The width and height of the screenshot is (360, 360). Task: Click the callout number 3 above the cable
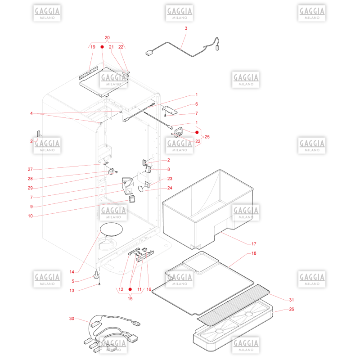click(x=186, y=28)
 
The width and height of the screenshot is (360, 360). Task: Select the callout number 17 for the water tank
click(x=254, y=244)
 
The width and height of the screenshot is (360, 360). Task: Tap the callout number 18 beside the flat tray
click(x=254, y=253)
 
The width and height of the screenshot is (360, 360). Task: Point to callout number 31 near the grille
click(x=291, y=300)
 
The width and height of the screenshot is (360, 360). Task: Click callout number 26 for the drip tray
click(x=291, y=309)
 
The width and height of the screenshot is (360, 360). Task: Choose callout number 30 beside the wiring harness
click(x=72, y=319)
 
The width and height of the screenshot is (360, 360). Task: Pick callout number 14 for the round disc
click(x=72, y=272)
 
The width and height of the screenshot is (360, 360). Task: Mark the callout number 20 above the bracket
click(x=107, y=38)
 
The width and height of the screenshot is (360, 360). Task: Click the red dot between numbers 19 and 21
click(x=102, y=47)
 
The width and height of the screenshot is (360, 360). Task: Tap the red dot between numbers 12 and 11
click(x=130, y=289)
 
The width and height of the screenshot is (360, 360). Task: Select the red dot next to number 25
click(x=197, y=132)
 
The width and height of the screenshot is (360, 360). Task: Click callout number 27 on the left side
click(x=30, y=169)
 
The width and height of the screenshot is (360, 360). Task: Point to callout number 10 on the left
click(x=30, y=216)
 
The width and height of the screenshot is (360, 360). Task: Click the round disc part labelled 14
click(x=111, y=229)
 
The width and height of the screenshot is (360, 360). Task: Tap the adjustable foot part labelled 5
click(x=96, y=275)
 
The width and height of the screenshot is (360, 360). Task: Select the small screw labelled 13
click(x=99, y=284)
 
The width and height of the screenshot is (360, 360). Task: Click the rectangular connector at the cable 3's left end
click(x=149, y=53)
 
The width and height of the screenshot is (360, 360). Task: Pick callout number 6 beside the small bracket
click(x=197, y=104)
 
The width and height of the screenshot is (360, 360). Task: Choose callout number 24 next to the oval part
click(x=170, y=188)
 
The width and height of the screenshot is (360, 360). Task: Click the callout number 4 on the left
click(x=31, y=113)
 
